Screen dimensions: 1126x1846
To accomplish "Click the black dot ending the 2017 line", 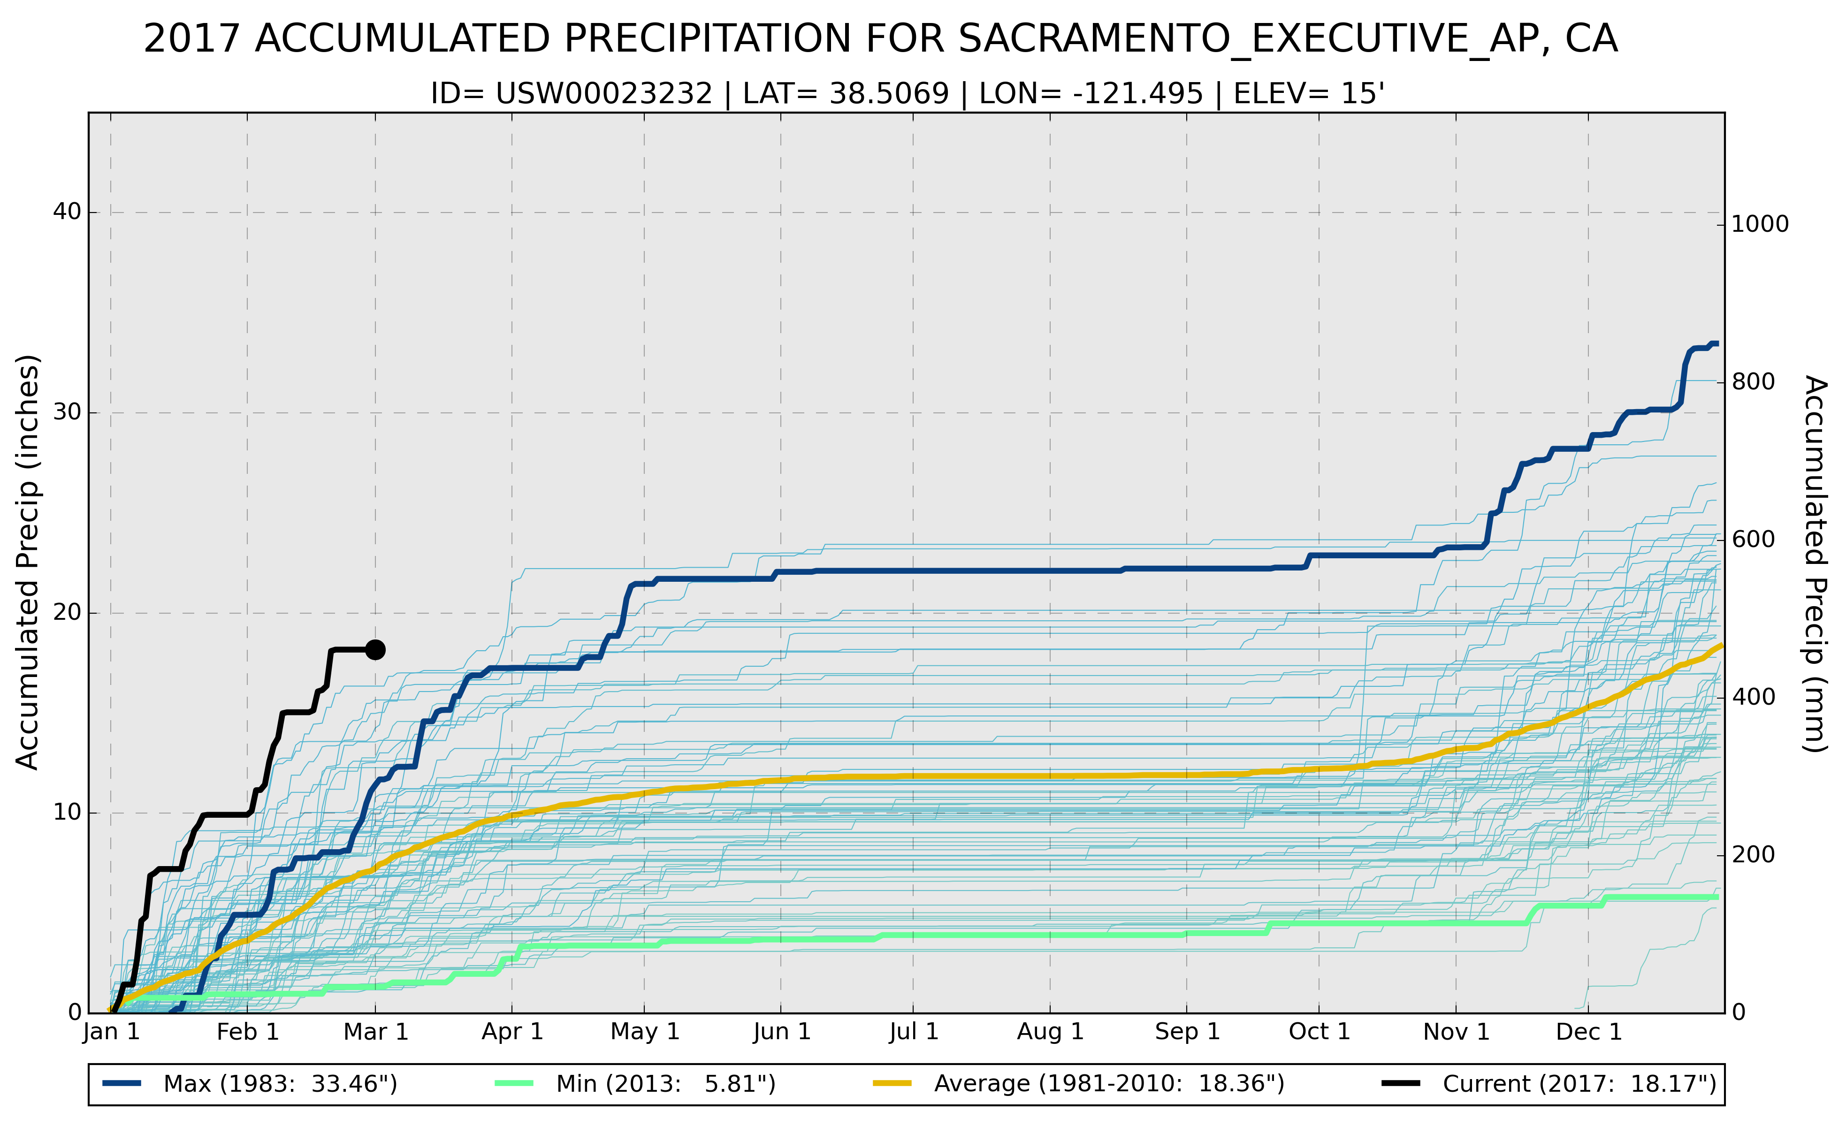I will tap(375, 649).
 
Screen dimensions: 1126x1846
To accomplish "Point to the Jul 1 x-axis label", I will tap(913, 1032).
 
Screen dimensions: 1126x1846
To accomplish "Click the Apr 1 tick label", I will tap(512, 1032).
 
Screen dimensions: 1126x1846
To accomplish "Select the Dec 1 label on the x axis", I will tap(1588, 1032).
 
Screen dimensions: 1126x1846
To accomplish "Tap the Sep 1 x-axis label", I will tap(1187, 1032).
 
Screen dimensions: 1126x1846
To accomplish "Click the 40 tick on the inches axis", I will tap(67, 212).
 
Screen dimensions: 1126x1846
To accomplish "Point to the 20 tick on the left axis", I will tap(67, 613).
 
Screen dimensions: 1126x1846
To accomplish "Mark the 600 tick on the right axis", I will tap(1753, 540).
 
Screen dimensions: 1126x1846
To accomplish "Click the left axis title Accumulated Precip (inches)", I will tap(28, 562).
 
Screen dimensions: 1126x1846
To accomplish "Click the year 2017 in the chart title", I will tap(191, 39).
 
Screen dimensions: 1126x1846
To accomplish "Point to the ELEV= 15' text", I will tap(1309, 94).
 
